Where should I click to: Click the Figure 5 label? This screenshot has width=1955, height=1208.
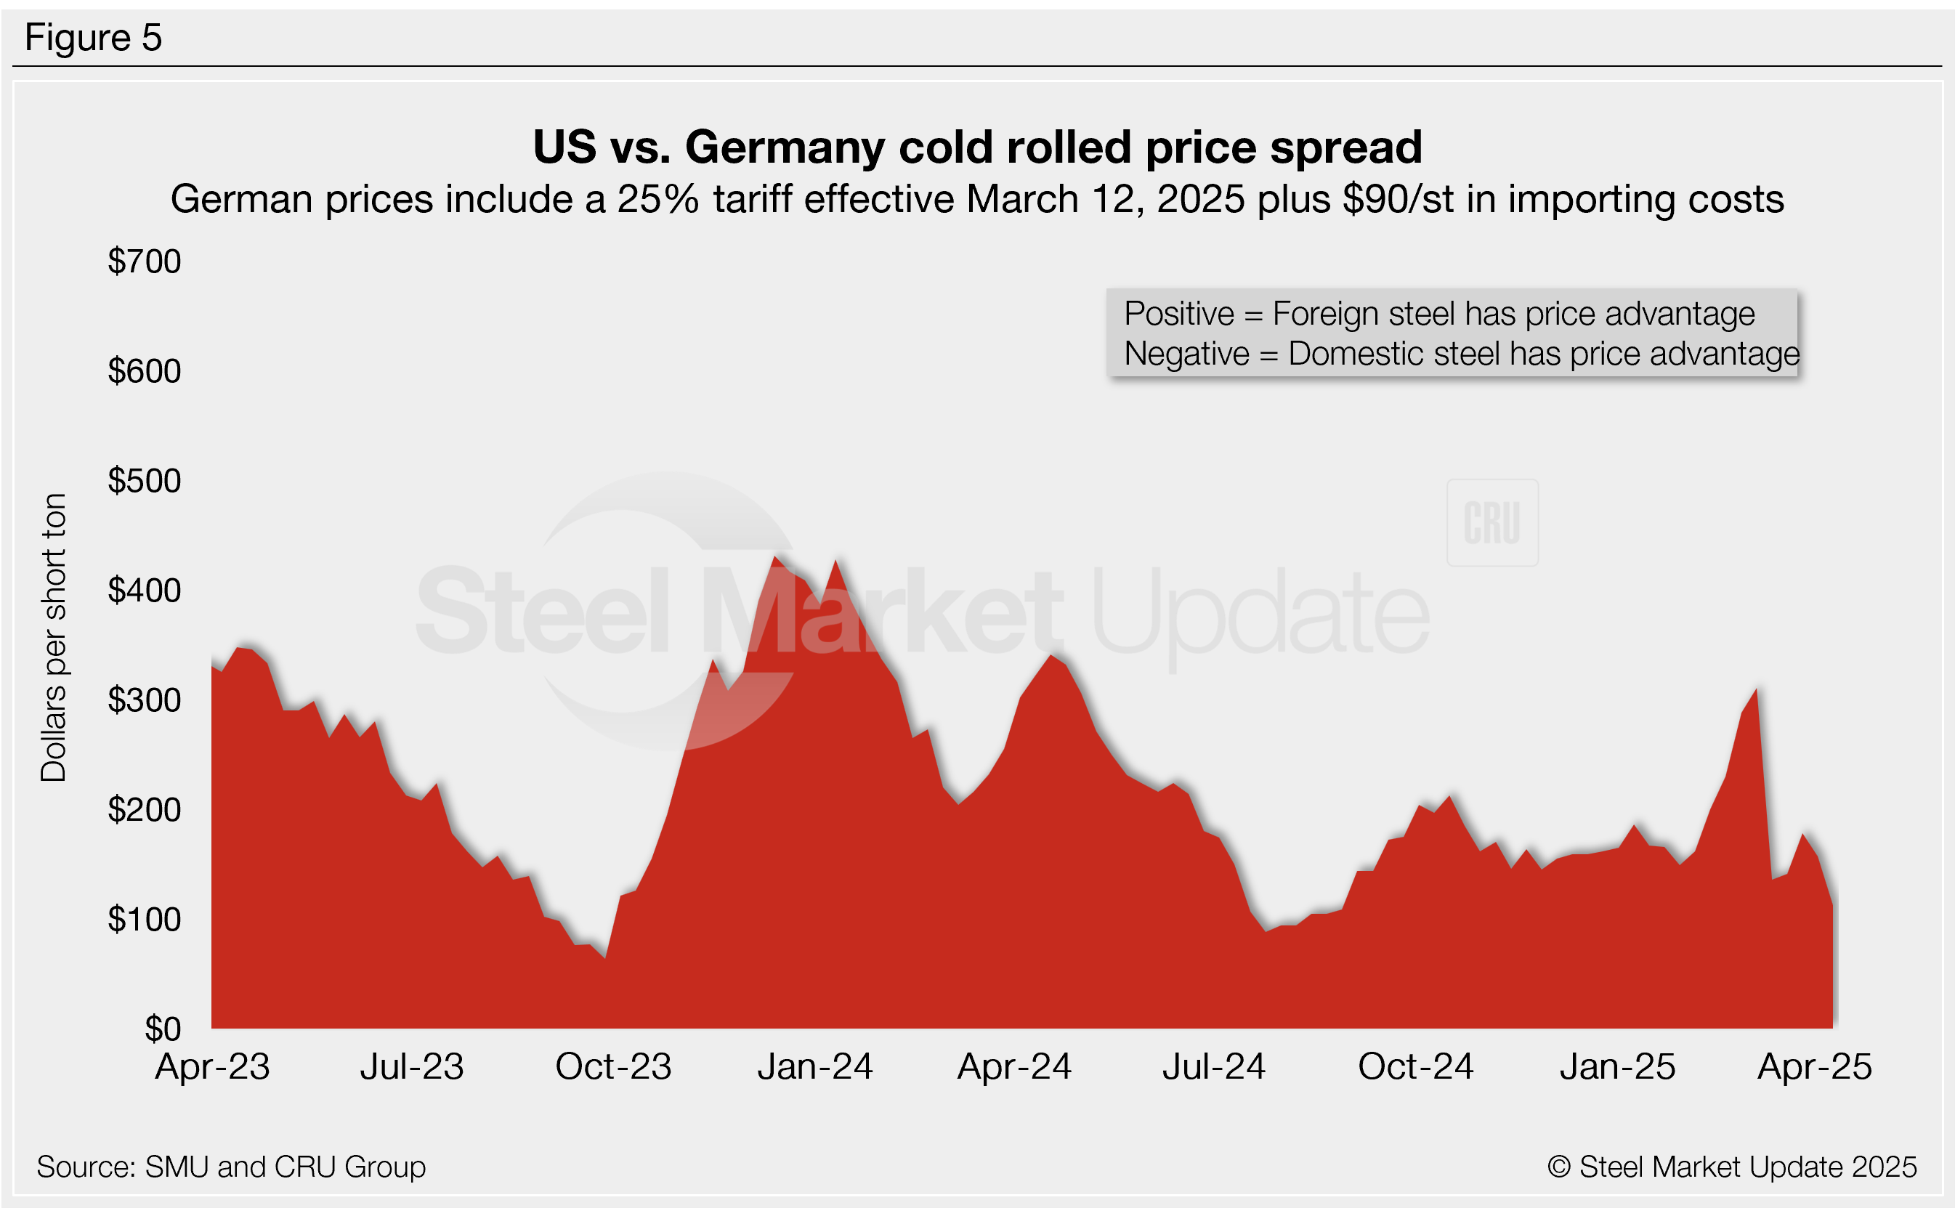pos(93,38)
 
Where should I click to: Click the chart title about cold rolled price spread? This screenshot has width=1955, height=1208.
pos(977,147)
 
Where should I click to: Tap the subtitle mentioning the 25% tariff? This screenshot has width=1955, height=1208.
pos(976,199)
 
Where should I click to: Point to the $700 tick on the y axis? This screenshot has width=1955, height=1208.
pos(145,262)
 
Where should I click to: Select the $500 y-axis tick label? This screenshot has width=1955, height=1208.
pos(145,481)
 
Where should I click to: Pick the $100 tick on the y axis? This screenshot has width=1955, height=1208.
pos(145,920)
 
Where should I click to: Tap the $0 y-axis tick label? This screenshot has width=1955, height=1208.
pos(162,1029)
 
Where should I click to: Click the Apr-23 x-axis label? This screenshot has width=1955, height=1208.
pos(213,1066)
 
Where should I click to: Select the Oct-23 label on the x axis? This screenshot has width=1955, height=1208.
pos(614,1066)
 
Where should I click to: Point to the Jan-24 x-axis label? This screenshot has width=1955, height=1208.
pos(815,1066)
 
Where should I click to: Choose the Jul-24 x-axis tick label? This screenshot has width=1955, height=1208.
pos(1213,1066)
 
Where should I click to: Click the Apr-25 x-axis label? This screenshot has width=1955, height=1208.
pos(1814,1066)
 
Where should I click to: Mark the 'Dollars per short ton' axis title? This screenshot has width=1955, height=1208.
pos(54,638)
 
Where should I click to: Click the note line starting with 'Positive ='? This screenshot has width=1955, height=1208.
pos(1439,313)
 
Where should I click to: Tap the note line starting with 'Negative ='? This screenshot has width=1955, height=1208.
pos(1461,354)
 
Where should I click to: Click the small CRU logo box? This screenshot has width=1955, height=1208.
pos(1491,523)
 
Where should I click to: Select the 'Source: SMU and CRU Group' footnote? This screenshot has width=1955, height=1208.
pos(231,1167)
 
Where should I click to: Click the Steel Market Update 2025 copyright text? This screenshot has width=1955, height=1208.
pos(1732,1167)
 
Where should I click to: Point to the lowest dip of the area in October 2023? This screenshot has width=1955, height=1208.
pos(606,957)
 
